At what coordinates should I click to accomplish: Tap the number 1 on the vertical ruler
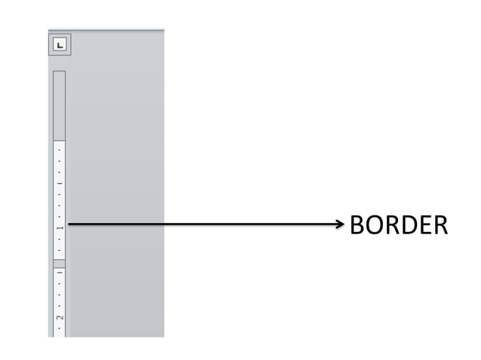coord(59,225)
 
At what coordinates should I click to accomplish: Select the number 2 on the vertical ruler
coord(59,317)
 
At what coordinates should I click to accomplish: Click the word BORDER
coord(398,224)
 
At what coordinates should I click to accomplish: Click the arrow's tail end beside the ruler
coord(70,224)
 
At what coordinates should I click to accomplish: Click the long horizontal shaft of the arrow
coord(204,224)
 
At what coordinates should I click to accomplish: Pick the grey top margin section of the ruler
coord(59,105)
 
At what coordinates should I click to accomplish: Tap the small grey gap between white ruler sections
coord(59,263)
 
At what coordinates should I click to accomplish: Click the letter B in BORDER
coord(357,224)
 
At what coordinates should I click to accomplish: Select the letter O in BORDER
coord(374,224)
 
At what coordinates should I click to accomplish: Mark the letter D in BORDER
coord(408,224)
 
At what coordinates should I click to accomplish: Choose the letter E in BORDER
coord(424,224)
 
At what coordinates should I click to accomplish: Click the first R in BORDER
coord(391,224)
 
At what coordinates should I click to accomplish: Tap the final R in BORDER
coord(440,224)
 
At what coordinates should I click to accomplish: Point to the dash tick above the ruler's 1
coord(59,183)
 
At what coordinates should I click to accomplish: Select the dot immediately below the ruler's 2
coord(59,328)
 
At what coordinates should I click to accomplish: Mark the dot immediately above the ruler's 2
coord(59,306)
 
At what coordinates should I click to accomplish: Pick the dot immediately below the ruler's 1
coord(59,237)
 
